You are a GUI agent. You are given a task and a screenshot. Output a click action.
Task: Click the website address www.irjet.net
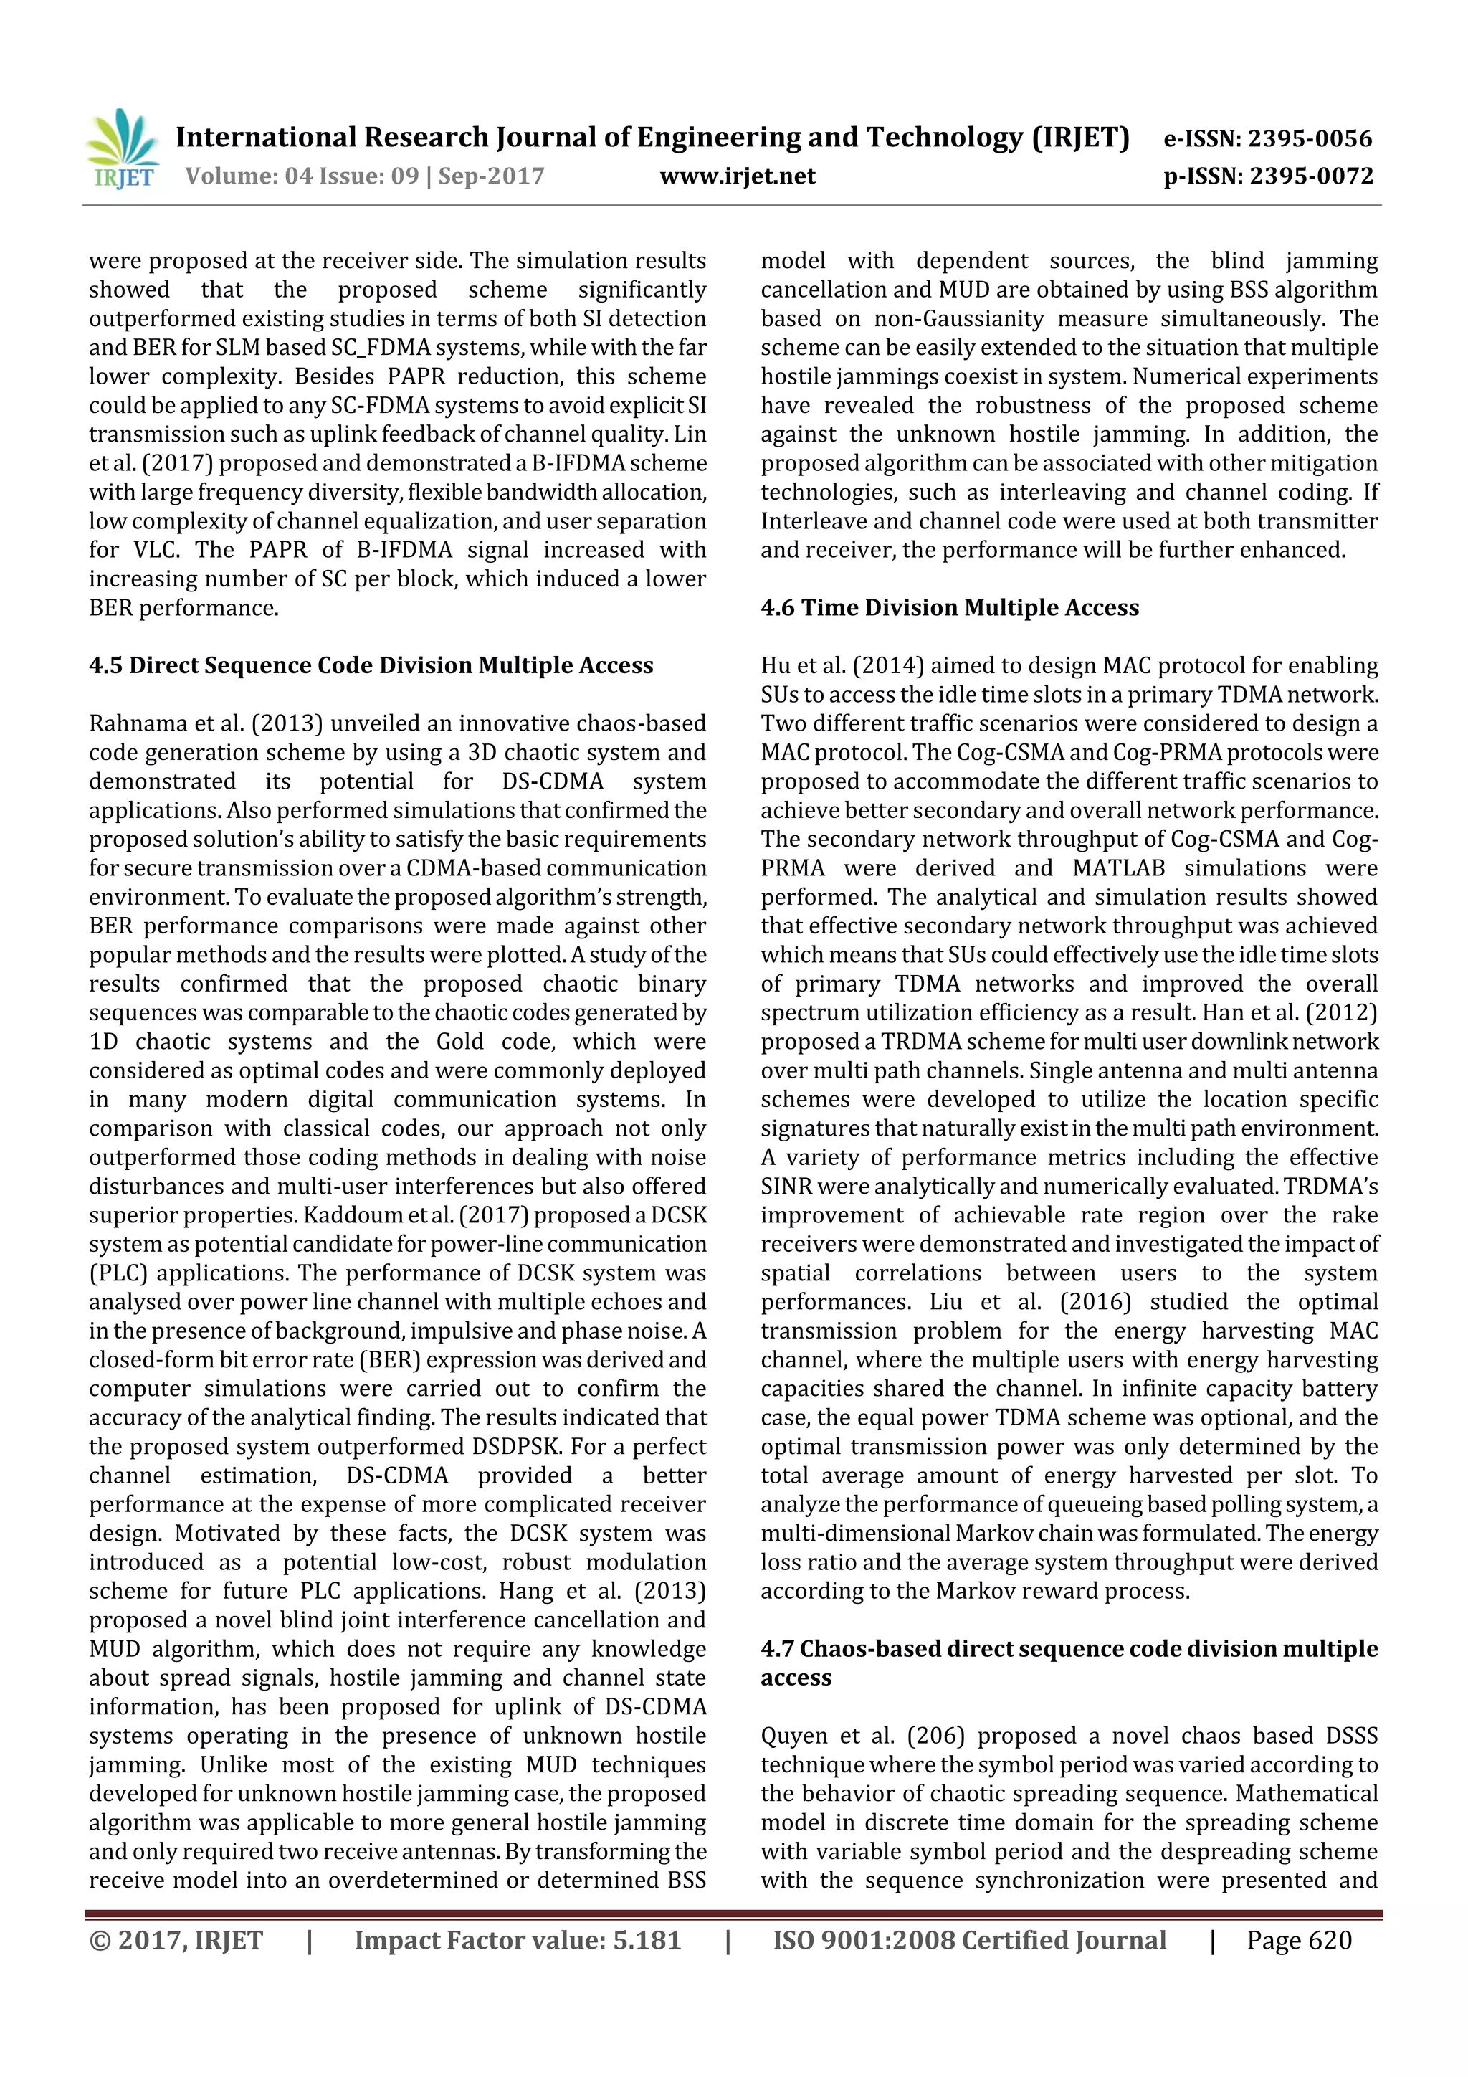click(x=737, y=176)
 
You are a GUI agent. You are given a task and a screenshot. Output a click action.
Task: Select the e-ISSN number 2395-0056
click(x=1310, y=138)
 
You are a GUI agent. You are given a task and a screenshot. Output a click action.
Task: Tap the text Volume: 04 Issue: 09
click(x=302, y=176)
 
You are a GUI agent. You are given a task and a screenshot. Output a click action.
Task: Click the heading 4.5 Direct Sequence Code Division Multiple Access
click(x=371, y=666)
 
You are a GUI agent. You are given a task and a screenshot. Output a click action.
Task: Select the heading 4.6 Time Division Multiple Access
click(x=950, y=608)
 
